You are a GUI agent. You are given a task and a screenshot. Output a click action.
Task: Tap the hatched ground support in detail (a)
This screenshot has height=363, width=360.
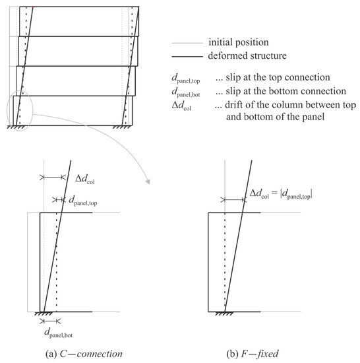pyautogui.click(x=45, y=314)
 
